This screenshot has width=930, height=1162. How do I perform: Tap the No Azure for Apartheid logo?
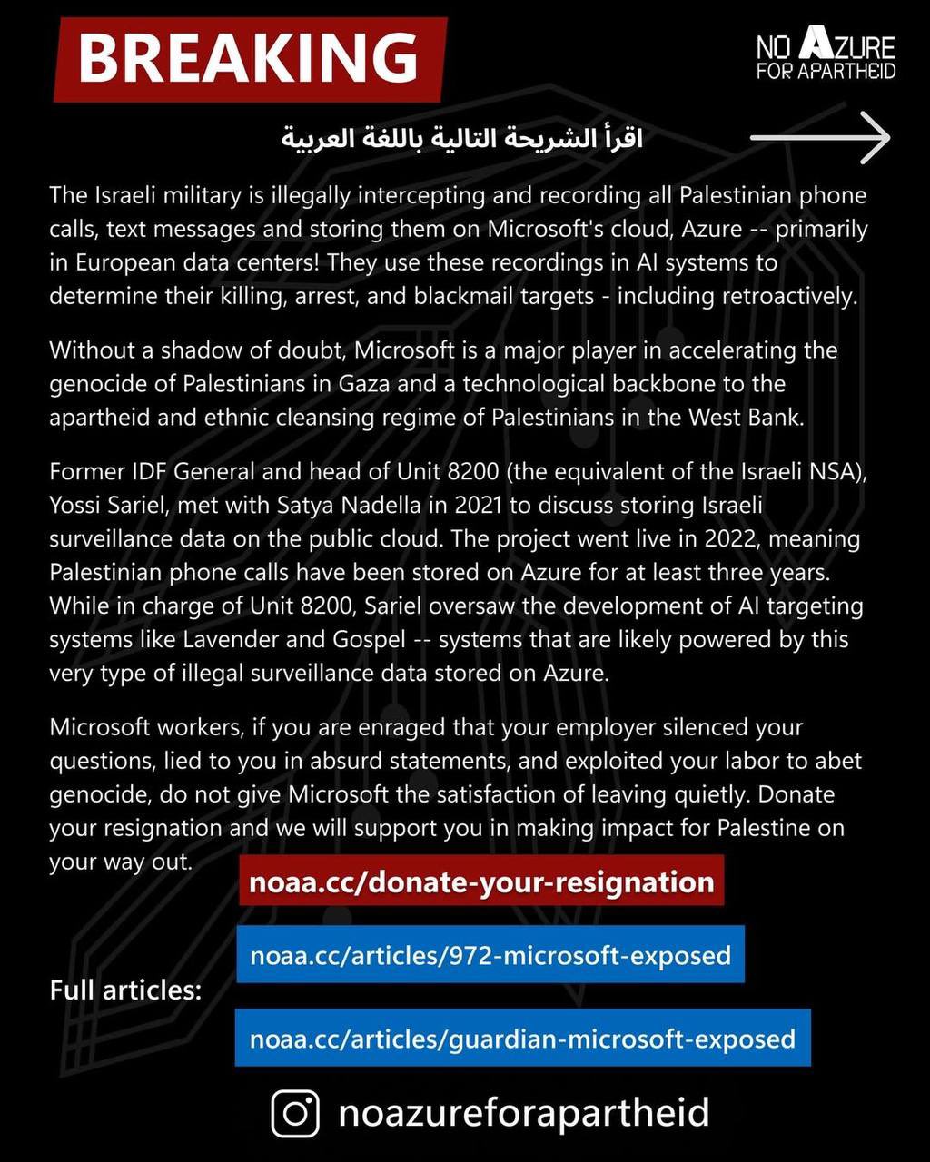[826, 56]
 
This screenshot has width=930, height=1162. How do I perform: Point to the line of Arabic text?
[461, 139]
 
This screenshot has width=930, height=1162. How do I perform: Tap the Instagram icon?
[296, 1113]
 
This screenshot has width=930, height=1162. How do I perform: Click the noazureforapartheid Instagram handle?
[523, 1113]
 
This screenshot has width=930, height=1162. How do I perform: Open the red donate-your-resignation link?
[481, 881]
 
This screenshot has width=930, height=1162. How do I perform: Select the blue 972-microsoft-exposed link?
[490, 954]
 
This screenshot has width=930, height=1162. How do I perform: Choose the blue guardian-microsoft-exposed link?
[522, 1037]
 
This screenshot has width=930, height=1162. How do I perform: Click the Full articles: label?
[125, 989]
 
